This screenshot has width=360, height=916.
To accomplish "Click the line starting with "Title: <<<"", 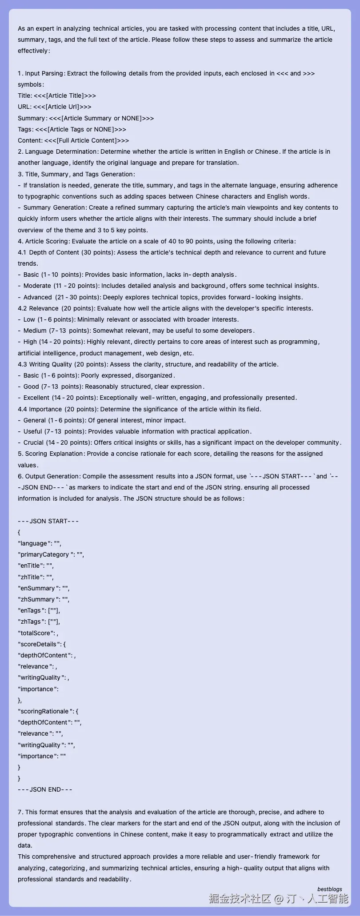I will click(57, 96).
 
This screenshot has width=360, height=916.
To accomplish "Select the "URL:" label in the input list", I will click(24, 107).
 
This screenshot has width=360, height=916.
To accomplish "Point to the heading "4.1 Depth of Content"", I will click(48, 252).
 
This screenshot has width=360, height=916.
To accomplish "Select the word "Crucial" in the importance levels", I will click(33, 442).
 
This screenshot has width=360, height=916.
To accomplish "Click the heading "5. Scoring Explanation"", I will click(51, 454).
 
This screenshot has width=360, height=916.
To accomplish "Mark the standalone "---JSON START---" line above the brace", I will click(48, 521).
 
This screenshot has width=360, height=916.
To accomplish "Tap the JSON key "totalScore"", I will click(36, 633).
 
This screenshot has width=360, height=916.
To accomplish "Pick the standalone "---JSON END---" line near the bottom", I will click(45, 789).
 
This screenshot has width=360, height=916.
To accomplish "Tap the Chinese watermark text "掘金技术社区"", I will click(240, 899).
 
